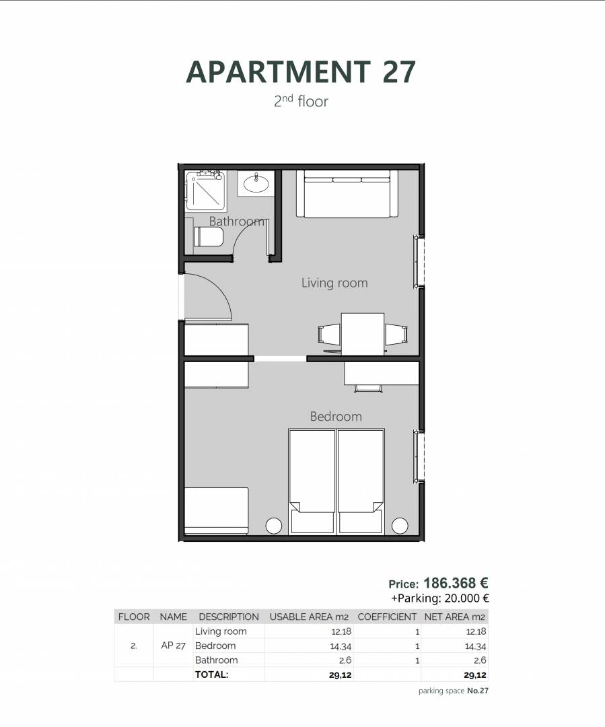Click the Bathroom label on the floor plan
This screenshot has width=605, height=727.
(x=236, y=221)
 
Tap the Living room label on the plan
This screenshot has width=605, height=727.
(x=334, y=282)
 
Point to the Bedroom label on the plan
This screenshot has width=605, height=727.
(x=336, y=417)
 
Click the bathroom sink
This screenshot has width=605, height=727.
(x=256, y=183)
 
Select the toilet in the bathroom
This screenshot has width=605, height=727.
(x=209, y=237)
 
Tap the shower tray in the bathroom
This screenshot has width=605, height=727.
(x=206, y=191)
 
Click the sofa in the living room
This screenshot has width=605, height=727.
(x=347, y=194)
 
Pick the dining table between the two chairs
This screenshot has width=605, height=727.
(x=363, y=334)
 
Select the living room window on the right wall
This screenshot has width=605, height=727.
(x=418, y=261)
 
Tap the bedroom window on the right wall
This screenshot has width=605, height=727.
(x=418, y=456)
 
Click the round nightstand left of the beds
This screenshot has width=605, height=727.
(x=273, y=526)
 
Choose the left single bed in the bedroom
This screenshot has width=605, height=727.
(x=312, y=481)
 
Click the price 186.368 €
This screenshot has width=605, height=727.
(x=456, y=583)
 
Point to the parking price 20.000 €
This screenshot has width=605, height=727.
(x=466, y=598)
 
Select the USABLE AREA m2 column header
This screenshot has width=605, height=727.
(x=309, y=617)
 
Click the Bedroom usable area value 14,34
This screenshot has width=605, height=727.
(x=341, y=646)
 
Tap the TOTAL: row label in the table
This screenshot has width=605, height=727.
(x=212, y=674)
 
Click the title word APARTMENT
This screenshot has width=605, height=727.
(x=278, y=71)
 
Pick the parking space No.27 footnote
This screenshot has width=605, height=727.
(x=454, y=691)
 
